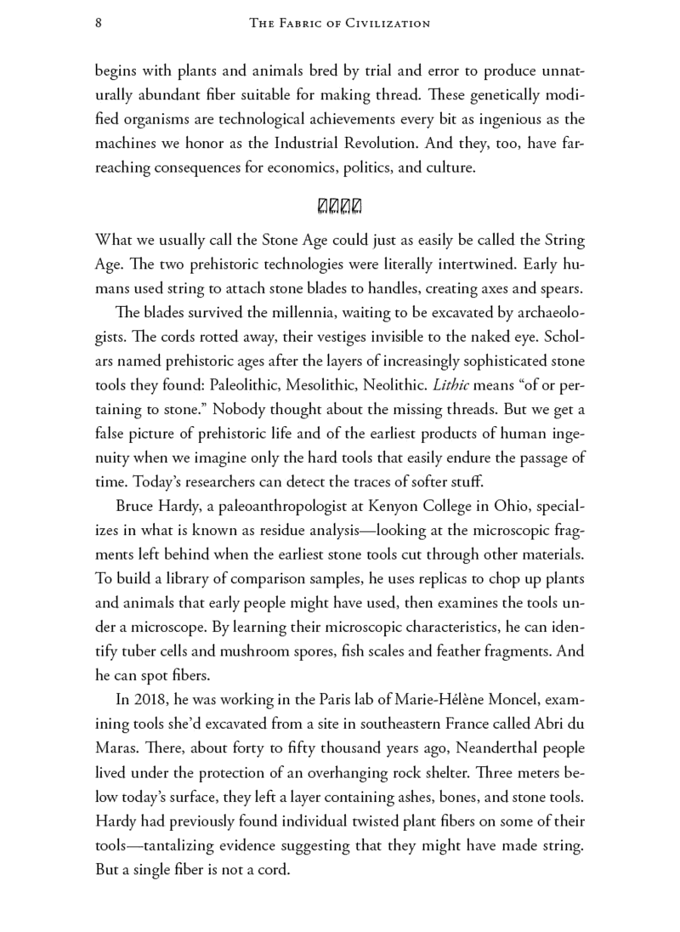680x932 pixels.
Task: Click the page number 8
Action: coord(99,24)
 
